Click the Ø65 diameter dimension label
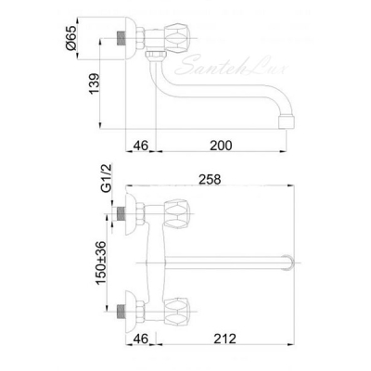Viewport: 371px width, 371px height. point(71,38)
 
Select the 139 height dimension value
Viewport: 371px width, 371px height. point(95,83)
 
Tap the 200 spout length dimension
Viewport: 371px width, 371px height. point(221,146)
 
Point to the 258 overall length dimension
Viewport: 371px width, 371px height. point(210,179)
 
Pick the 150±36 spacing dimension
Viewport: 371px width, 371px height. point(101,262)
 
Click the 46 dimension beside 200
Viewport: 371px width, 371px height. point(141,146)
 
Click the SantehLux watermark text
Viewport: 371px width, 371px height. point(230,66)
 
